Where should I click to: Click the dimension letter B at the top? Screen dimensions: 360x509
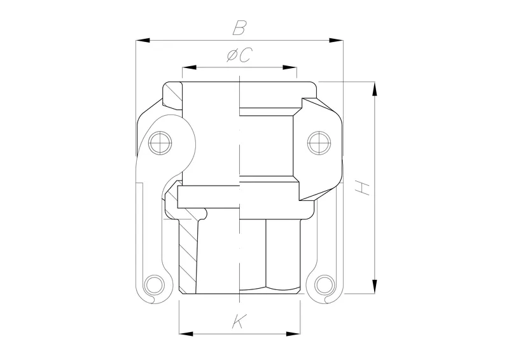pyautogui.click(x=239, y=28)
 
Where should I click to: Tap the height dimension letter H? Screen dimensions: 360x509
pyautogui.click(x=361, y=187)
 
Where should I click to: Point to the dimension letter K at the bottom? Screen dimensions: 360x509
pyautogui.click(x=238, y=322)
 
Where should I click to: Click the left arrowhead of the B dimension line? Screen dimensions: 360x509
pyautogui.click(x=142, y=41)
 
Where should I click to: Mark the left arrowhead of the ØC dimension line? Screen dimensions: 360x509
pyautogui.click(x=188, y=67)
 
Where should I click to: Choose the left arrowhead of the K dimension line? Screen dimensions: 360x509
pyautogui.click(x=185, y=333)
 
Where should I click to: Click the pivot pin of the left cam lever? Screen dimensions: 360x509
pyautogui.click(x=159, y=142)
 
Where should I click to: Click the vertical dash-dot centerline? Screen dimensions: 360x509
pyautogui.click(x=239, y=191)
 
